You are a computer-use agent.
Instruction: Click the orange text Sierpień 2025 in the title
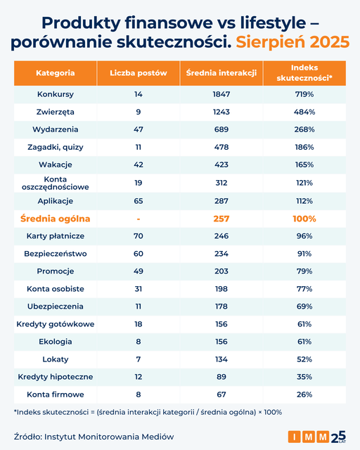(x=292, y=41)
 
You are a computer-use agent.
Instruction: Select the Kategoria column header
(x=56, y=73)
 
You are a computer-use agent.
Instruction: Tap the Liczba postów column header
(x=139, y=73)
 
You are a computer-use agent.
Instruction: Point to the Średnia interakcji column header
(x=221, y=73)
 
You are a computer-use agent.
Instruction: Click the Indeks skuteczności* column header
(x=304, y=73)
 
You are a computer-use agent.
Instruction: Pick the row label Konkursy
(x=56, y=94)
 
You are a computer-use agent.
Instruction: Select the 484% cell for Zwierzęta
(x=304, y=112)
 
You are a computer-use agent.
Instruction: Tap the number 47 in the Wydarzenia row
(x=139, y=129)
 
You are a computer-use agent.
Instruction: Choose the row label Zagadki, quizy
(x=56, y=147)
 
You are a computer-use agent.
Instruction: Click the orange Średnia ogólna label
(x=56, y=219)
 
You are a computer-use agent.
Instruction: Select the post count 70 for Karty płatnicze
(x=139, y=236)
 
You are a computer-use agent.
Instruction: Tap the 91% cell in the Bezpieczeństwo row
(x=304, y=253)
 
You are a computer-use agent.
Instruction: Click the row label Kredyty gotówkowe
(x=56, y=324)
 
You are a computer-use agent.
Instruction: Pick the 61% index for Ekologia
(x=304, y=342)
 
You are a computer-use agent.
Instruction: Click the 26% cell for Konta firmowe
(x=304, y=394)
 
